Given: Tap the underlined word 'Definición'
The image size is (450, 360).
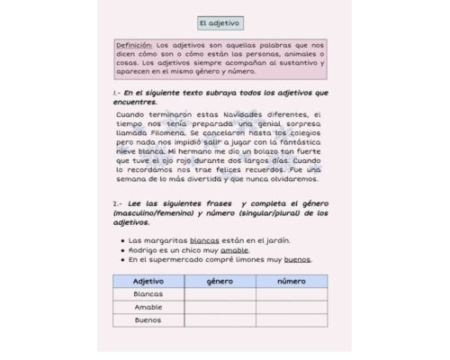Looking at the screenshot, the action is (x=134, y=44).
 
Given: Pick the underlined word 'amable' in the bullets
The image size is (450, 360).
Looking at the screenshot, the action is (x=234, y=250).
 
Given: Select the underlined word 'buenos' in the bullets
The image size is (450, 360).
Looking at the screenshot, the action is (x=298, y=260).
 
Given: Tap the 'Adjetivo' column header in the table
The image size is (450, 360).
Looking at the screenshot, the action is (x=148, y=281).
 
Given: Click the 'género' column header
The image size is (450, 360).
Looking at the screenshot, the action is (x=220, y=281).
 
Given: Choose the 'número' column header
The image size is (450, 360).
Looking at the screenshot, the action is (x=291, y=281).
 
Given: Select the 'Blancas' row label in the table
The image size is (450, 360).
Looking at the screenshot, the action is (x=148, y=294).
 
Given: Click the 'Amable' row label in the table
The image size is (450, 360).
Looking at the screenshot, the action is (x=148, y=307).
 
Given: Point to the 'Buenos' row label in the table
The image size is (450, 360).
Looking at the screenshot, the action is (x=148, y=319).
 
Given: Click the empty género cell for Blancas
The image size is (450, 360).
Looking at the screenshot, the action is (x=220, y=294).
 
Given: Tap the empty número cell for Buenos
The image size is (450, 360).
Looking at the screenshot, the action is (x=291, y=319).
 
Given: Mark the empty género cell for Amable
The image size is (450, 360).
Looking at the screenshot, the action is (x=220, y=307).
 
